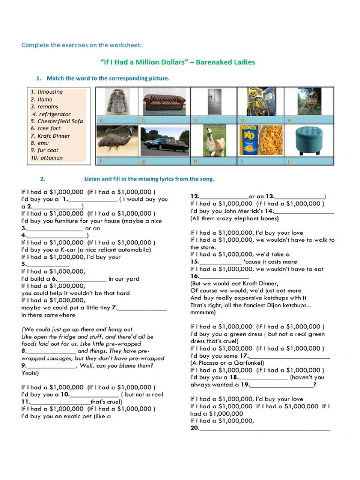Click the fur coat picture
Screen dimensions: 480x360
(117, 101)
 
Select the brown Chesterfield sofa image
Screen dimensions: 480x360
(164, 101)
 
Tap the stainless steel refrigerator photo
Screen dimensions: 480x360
(215, 101)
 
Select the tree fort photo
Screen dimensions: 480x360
(309, 101)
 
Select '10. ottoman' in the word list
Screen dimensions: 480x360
(47, 158)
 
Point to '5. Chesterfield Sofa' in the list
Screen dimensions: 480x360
(57, 121)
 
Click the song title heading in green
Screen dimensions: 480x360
(178, 62)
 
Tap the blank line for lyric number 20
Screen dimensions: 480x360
(265, 428)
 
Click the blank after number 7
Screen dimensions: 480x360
(142, 308)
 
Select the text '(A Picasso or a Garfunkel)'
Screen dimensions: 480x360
(227, 363)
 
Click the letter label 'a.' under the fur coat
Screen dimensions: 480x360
(101, 120)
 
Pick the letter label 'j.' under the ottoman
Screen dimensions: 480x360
(290, 161)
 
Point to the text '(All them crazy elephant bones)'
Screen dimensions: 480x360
(234, 218)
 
